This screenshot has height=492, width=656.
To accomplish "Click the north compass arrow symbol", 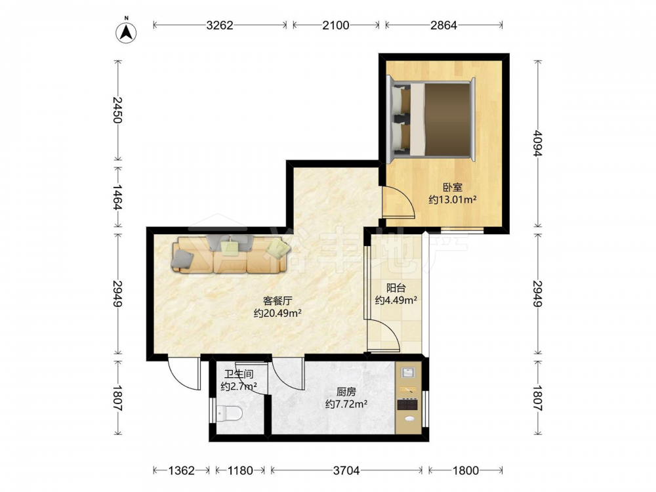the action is [126, 31].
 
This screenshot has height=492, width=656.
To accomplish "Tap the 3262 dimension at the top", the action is [220, 26].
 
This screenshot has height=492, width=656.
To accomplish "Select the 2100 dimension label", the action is [335, 26].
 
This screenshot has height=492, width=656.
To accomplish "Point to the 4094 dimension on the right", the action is [538, 144].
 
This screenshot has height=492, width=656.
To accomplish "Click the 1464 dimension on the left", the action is [117, 197].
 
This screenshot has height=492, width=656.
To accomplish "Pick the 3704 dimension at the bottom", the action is [346, 470].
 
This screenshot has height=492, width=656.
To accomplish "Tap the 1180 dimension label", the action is [239, 470].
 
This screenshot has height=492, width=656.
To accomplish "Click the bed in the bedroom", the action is [432, 119].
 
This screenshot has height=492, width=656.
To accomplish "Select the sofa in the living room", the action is [230, 255].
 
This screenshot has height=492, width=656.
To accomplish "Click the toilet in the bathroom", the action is [229, 413].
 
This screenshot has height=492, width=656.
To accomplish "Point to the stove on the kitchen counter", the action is [408, 405].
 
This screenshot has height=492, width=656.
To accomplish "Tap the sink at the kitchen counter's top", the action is [408, 373].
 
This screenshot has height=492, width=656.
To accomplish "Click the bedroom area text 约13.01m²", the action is [453, 199].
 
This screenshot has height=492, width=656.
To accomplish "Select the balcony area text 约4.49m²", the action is [396, 300].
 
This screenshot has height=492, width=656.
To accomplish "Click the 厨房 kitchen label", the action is [346, 392].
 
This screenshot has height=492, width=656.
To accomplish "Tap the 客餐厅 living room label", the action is [277, 300].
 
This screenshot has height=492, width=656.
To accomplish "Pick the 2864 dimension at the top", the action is [443, 26].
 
